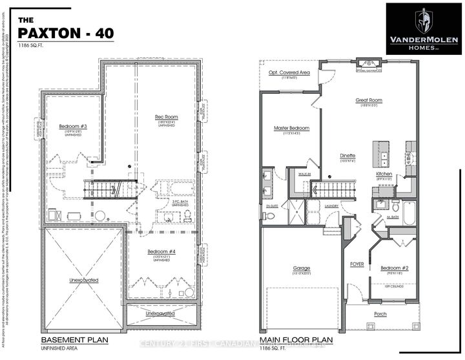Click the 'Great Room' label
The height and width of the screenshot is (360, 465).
[368, 101]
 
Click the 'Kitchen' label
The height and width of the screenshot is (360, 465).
[385, 175]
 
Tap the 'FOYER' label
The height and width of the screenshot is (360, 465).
[357, 264]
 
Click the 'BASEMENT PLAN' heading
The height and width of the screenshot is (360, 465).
[74, 339]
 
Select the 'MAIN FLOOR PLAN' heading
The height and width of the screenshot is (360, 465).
[296, 339]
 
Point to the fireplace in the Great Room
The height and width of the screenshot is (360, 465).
[371, 63]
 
